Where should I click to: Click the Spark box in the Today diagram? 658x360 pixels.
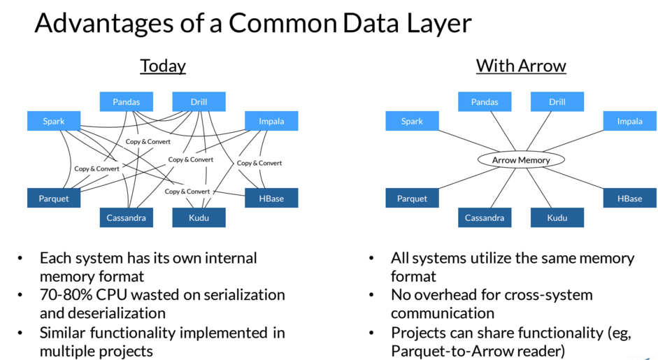[54, 121]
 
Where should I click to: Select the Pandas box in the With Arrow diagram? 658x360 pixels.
[485, 101]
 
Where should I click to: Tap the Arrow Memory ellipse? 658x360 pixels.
[521, 160]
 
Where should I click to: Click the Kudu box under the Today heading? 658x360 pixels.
[199, 217]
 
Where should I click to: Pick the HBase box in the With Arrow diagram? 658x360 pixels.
[629, 198]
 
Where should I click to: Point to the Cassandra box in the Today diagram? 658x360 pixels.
[127, 217]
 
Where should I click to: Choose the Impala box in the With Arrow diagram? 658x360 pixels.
[629, 121]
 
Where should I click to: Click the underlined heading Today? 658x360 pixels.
[163, 66]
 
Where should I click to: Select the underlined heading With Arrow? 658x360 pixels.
[521, 66]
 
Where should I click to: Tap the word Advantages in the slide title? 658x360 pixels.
[103, 24]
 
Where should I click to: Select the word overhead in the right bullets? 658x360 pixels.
[448, 294]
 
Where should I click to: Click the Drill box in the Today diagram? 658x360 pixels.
[199, 101]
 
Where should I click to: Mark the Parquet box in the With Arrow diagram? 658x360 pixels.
[412, 198]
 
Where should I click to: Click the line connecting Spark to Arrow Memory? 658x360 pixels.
[469, 141]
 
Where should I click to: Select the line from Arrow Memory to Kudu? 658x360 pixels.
[538, 188]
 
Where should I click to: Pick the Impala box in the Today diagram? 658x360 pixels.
[271, 121]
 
